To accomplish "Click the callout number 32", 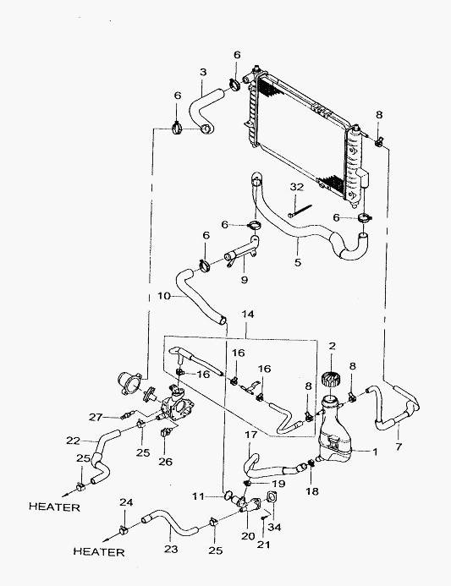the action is (x=296, y=187).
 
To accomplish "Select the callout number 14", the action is (x=248, y=315).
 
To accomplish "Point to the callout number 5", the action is (x=298, y=262).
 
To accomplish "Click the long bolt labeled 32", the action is (x=300, y=211).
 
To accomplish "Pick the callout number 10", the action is (x=164, y=296).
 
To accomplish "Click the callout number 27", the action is (x=96, y=417).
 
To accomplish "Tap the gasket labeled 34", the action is (x=271, y=497).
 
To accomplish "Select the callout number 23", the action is (x=171, y=549).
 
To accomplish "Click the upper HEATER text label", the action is (x=55, y=507).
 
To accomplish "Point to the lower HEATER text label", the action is (x=99, y=551).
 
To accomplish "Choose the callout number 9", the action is (x=245, y=280).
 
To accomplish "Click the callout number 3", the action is (x=203, y=72).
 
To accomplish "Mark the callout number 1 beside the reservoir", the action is (x=375, y=452).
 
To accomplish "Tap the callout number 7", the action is (x=399, y=446).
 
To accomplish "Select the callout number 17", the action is (x=251, y=435).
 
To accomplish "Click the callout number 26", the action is (x=165, y=462).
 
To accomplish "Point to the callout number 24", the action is (x=126, y=502).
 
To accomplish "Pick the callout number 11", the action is (x=199, y=496).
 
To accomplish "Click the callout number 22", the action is (x=74, y=441).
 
